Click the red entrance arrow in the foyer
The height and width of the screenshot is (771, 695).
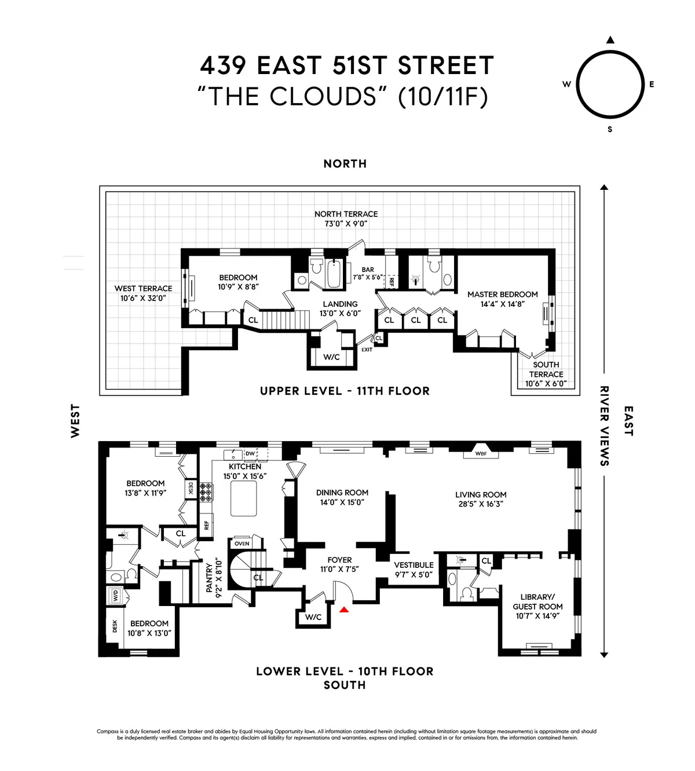pos(344,609)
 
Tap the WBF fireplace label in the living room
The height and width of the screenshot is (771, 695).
pos(481,454)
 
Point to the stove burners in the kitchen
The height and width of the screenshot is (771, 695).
pos(206,491)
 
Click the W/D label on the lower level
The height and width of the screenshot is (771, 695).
pos(115,595)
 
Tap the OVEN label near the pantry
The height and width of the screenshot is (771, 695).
pos(242,544)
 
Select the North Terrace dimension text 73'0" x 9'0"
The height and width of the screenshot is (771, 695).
pos(346,223)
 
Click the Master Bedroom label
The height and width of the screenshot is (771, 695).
pos(502,294)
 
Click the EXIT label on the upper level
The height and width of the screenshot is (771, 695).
pos(367,350)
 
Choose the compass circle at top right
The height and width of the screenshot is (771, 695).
pos(610,85)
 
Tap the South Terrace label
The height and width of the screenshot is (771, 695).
pos(546,369)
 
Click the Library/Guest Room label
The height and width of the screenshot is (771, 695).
pos(537,601)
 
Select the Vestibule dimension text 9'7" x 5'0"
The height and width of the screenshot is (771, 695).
pos(414,575)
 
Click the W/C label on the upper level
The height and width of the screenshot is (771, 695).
pos(331,357)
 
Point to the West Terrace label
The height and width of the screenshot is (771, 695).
pos(143,288)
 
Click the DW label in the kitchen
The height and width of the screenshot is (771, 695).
pos(250,453)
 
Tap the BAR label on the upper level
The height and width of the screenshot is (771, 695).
pos(368,270)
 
